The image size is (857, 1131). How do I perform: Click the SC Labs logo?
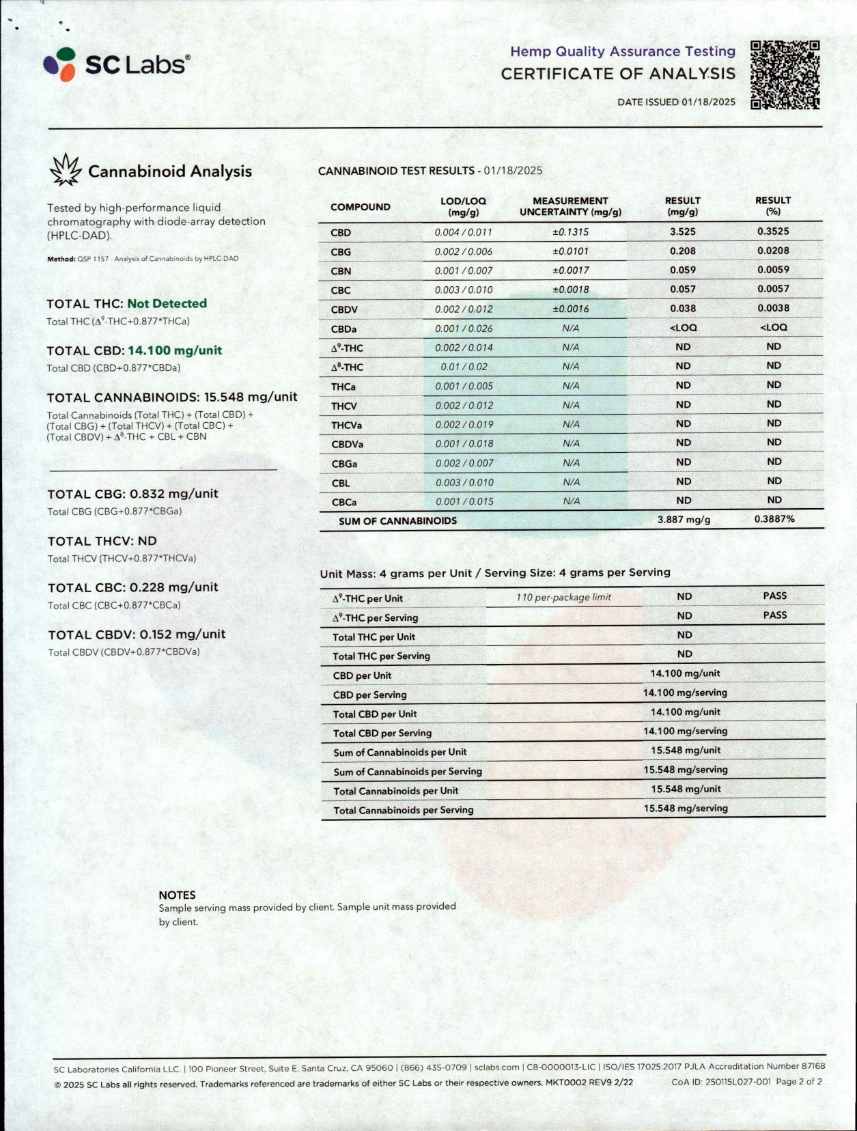coord(116,64)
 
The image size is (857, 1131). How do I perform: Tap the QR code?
coord(785,74)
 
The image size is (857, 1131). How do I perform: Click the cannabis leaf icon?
coord(66,170)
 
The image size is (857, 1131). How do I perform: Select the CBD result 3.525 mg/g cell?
coord(682,232)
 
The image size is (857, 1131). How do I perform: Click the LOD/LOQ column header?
coord(463,206)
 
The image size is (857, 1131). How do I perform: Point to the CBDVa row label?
coord(347,445)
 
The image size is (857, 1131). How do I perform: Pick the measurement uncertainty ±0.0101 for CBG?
coord(570,251)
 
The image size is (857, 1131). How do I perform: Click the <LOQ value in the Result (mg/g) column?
coord(683,328)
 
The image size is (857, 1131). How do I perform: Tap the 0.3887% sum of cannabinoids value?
coord(774,519)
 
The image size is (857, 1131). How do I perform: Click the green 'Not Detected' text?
coord(167,303)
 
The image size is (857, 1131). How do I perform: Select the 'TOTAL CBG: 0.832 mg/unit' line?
coord(132,494)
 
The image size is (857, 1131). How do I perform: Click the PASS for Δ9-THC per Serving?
coord(774,615)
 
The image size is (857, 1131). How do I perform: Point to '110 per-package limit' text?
coord(563,597)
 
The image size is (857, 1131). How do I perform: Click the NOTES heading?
coord(177,895)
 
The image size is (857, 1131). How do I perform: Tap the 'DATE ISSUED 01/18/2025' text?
coord(676,102)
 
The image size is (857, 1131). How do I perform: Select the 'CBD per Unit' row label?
coord(362,675)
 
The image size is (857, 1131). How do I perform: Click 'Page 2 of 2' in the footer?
coord(798,1082)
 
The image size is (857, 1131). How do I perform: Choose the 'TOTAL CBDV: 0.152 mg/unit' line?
coord(137,634)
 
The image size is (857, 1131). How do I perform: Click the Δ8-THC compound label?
coord(347,367)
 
